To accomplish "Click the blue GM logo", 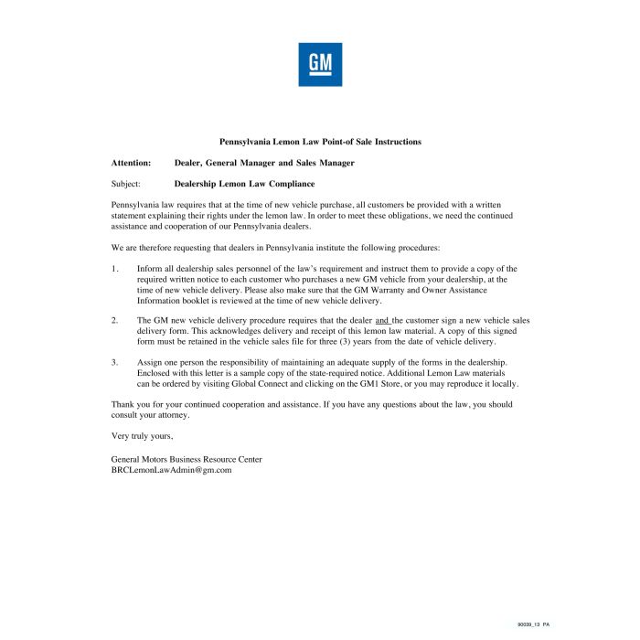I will coord(320,65).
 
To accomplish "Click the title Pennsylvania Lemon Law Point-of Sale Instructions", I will coord(320,142).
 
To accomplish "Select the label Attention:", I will coord(131,163).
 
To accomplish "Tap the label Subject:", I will coord(126,184).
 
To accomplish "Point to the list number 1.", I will coord(115,269).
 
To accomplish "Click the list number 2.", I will coord(115,321).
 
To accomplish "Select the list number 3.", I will coord(115,362).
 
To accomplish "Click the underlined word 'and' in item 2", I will coord(382,321).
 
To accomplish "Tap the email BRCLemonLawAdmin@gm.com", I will coord(171,469).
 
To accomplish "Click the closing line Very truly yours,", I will coord(142,436).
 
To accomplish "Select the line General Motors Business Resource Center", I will coord(186,458).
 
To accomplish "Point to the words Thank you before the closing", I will coord(129,404).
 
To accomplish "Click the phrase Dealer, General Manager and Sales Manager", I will coord(264,163).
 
